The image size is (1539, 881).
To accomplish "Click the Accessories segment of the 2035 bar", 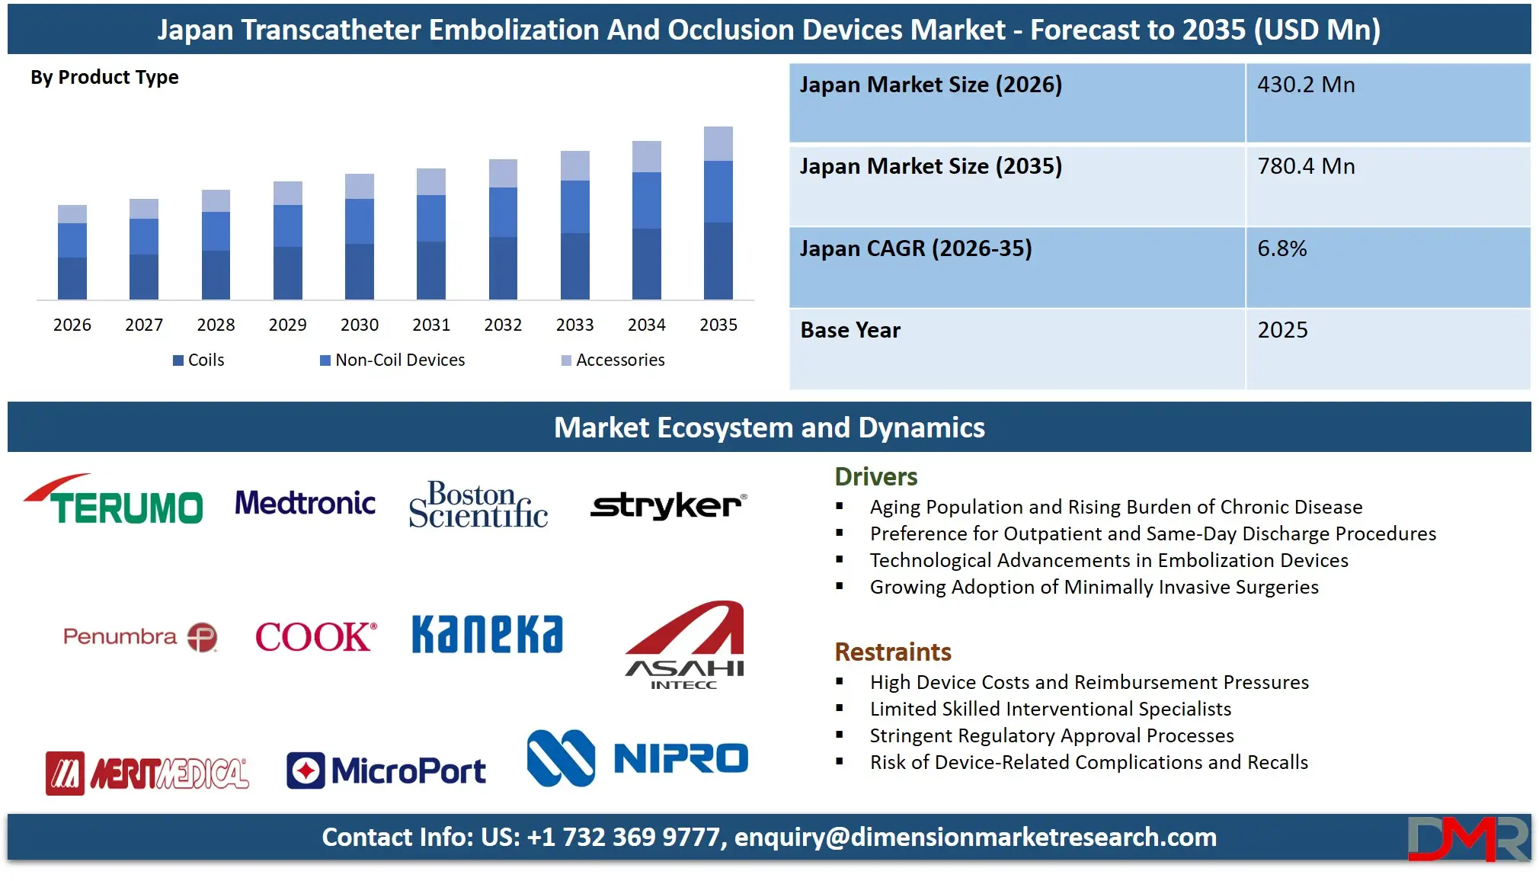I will (x=718, y=143).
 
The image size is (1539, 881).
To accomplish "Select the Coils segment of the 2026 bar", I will (x=72, y=278).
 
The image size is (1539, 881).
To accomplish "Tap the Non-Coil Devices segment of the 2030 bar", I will (x=359, y=221).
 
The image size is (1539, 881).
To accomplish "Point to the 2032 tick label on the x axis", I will (x=503, y=325).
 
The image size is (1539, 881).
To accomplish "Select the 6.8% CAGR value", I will (x=1281, y=248).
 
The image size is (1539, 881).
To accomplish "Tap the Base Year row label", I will (x=850, y=330).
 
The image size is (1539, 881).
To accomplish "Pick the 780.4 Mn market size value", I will (x=1306, y=166).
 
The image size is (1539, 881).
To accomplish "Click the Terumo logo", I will (x=114, y=501).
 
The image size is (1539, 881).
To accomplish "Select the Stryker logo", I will (x=668, y=505).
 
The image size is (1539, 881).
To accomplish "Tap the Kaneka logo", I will (x=488, y=634).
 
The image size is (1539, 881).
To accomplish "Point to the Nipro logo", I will (x=638, y=758).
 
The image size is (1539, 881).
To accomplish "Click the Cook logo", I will (x=315, y=636).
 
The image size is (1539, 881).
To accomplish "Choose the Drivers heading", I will (x=875, y=477).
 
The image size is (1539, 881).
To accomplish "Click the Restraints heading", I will (x=892, y=652).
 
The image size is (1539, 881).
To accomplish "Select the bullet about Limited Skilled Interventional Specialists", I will (x=1050, y=710).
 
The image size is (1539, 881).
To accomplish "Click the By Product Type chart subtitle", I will (x=104, y=78).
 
